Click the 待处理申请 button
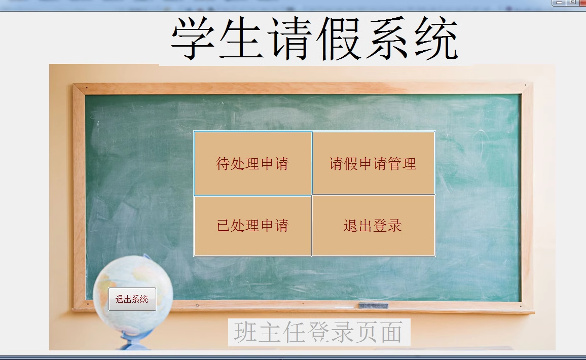252,163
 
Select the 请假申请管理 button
374,163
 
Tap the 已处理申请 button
252,226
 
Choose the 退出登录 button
374,226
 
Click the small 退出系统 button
132,299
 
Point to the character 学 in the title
193,38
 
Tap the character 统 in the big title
436,38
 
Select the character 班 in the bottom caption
245,332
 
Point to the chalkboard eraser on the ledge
374,305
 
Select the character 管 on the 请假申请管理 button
394,164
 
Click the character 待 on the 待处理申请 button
223,164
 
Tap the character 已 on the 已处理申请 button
223,226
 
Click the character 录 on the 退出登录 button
395,226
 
